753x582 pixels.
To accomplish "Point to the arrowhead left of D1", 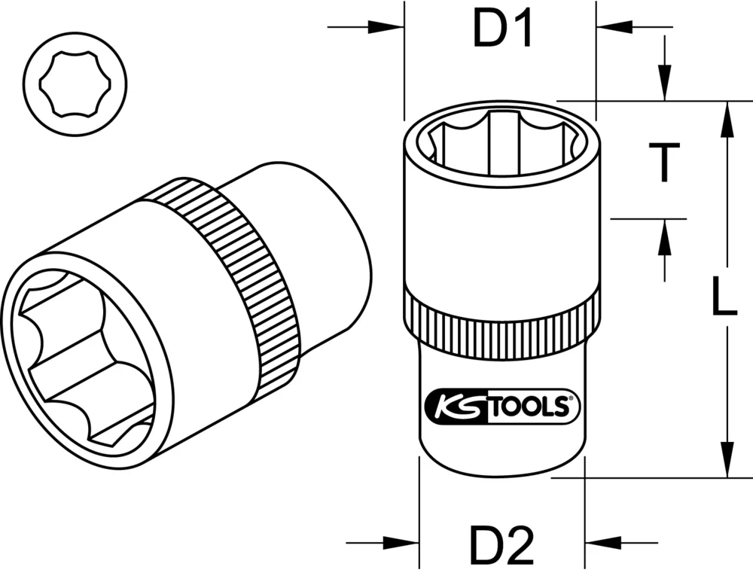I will click(387, 29).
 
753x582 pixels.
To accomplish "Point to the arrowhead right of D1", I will click(614, 29).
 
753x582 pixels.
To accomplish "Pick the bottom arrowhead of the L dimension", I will click(727, 459).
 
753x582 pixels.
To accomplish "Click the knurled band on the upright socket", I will click(502, 320).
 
